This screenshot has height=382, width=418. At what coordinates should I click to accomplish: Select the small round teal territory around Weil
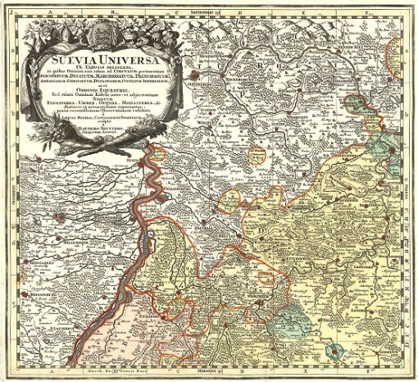[333, 352]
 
